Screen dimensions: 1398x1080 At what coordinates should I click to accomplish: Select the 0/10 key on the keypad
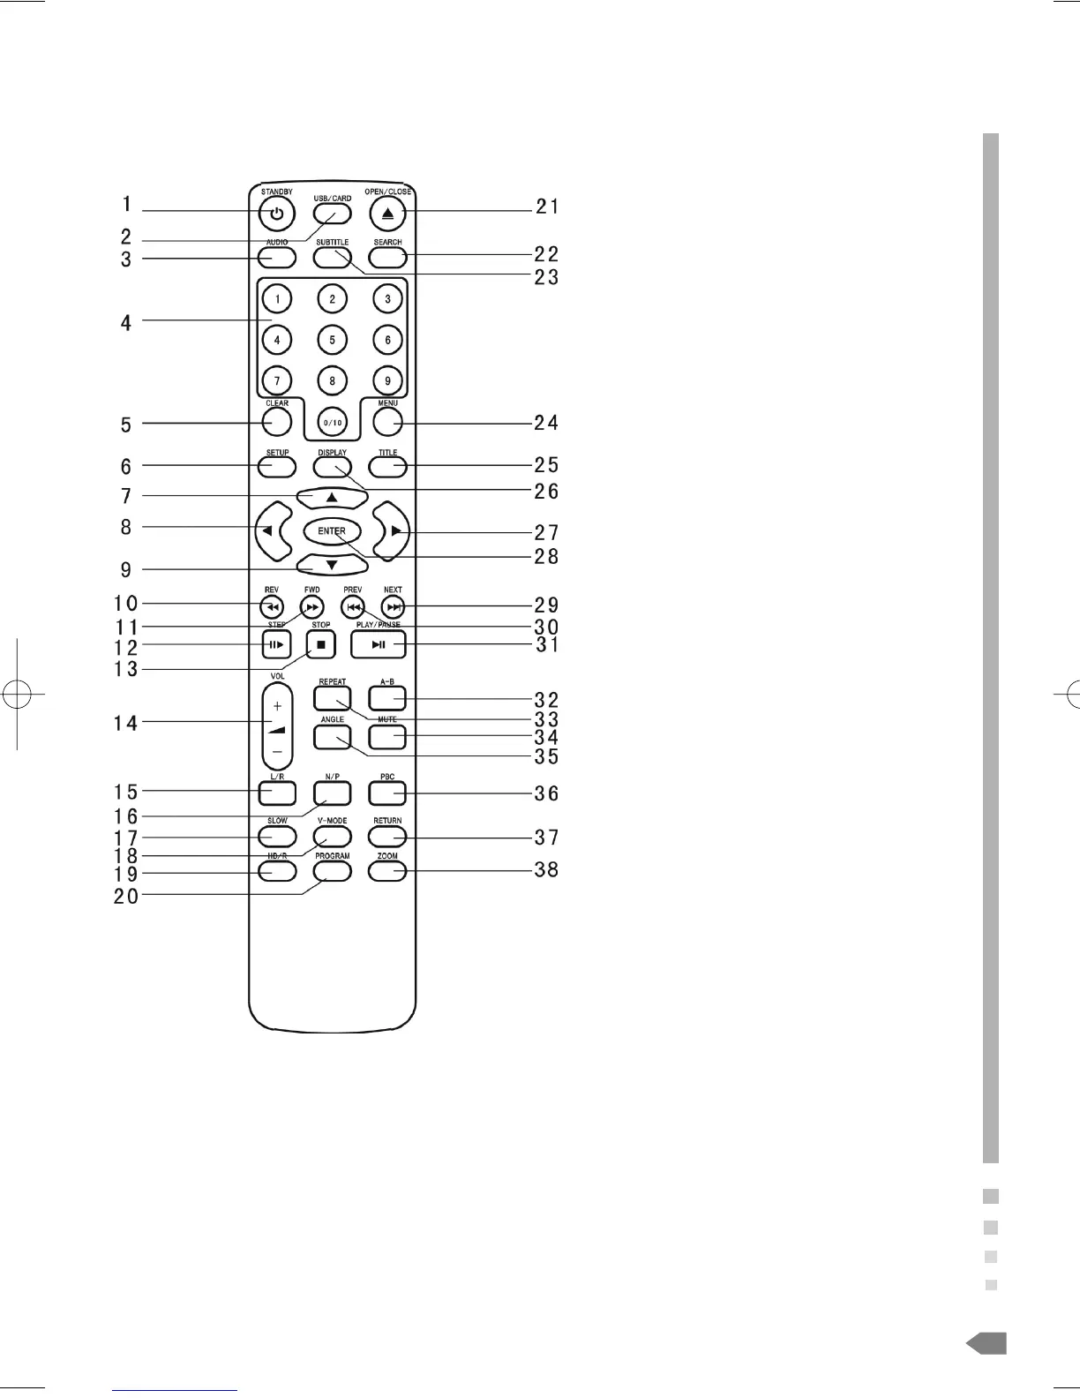point(332,422)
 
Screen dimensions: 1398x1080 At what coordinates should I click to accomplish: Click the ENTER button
point(332,531)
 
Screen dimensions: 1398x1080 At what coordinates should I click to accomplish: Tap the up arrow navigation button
point(332,498)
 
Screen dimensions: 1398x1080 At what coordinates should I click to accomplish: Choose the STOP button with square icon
point(321,645)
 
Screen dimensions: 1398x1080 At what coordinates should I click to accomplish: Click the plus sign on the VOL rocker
point(277,706)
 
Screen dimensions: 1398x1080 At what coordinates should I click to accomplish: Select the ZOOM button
point(387,871)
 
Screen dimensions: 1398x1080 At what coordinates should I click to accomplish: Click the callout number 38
point(547,870)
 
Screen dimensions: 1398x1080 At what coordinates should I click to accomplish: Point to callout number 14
point(126,724)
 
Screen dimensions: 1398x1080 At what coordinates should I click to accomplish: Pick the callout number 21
point(547,207)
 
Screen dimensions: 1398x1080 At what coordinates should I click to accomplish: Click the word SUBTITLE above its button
point(332,242)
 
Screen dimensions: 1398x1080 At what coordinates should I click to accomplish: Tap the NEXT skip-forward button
point(394,607)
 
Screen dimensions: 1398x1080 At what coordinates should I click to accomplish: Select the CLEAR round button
point(277,422)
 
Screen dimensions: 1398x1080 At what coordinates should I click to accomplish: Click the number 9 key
point(387,380)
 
